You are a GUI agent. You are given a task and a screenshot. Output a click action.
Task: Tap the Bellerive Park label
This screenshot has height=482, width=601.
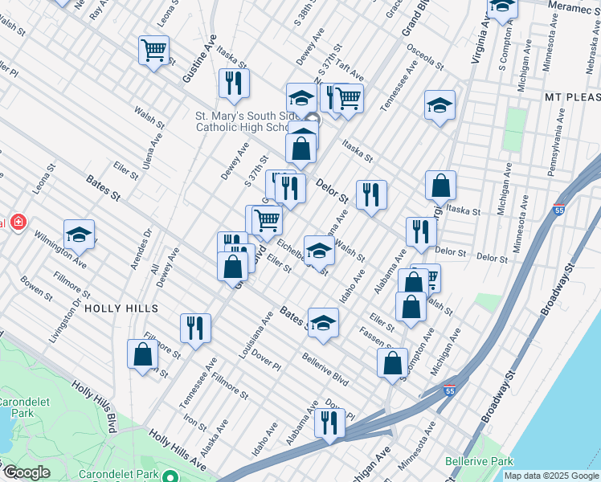pyautogui.click(x=480, y=461)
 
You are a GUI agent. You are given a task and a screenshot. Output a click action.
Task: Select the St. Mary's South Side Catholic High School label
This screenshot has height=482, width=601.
pyautogui.click(x=243, y=121)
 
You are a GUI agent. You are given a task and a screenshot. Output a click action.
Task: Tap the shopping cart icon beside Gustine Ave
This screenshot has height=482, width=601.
pyautogui.click(x=153, y=50)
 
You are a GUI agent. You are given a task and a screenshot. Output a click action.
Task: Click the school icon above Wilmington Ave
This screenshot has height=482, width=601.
pyautogui.click(x=79, y=234)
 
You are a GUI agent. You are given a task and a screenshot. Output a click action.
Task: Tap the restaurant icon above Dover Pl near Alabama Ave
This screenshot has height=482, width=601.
pyautogui.click(x=329, y=422)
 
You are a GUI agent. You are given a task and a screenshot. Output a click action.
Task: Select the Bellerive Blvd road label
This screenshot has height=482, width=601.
pyautogui.click(x=325, y=368)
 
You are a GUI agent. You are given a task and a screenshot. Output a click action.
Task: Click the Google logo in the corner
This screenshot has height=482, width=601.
pyautogui.click(x=27, y=472)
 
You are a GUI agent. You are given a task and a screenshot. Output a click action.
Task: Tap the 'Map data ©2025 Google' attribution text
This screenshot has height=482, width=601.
pyautogui.click(x=550, y=476)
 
